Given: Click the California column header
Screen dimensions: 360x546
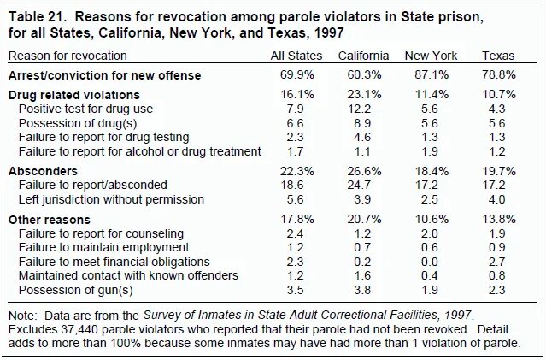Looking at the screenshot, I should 363,56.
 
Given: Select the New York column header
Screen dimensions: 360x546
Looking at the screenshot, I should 432,56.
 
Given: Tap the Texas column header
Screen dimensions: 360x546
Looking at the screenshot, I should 498,56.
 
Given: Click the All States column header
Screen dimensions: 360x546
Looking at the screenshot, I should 295,56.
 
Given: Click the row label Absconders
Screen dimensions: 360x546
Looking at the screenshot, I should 44,171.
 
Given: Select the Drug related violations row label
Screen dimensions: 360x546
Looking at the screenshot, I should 74,96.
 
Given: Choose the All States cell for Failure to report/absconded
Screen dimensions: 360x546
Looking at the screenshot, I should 296,185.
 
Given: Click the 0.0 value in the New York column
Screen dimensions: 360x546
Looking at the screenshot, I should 432,261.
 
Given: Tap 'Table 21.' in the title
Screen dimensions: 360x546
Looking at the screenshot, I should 38,16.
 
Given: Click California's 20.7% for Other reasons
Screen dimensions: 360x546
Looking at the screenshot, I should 363,219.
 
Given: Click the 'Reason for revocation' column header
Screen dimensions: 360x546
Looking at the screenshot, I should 68,56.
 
